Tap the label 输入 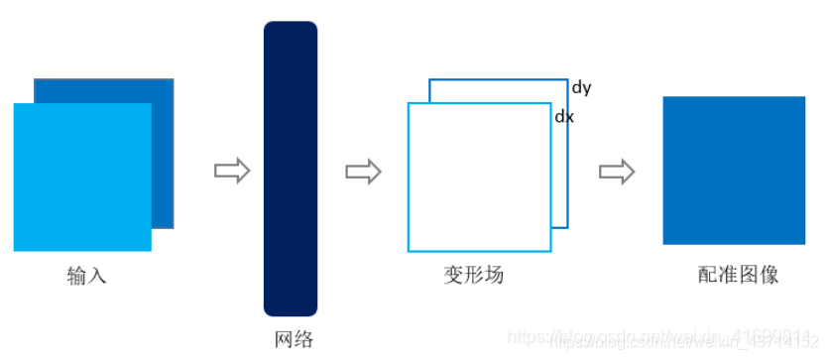(x=86, y=276)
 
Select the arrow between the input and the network (x=231, y=171)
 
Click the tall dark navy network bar (x=290, y=169)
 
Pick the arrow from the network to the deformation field (x=363, y=171)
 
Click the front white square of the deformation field (x=479, y=177)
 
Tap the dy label (x=581, y=87)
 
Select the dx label (x=563, y=116)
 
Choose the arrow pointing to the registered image (x=616, y=171)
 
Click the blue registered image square (x=734, y=170)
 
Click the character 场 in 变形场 (x=494, y=276)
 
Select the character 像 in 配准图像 (x=769, y=276)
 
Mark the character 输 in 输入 (x=76, y=276)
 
